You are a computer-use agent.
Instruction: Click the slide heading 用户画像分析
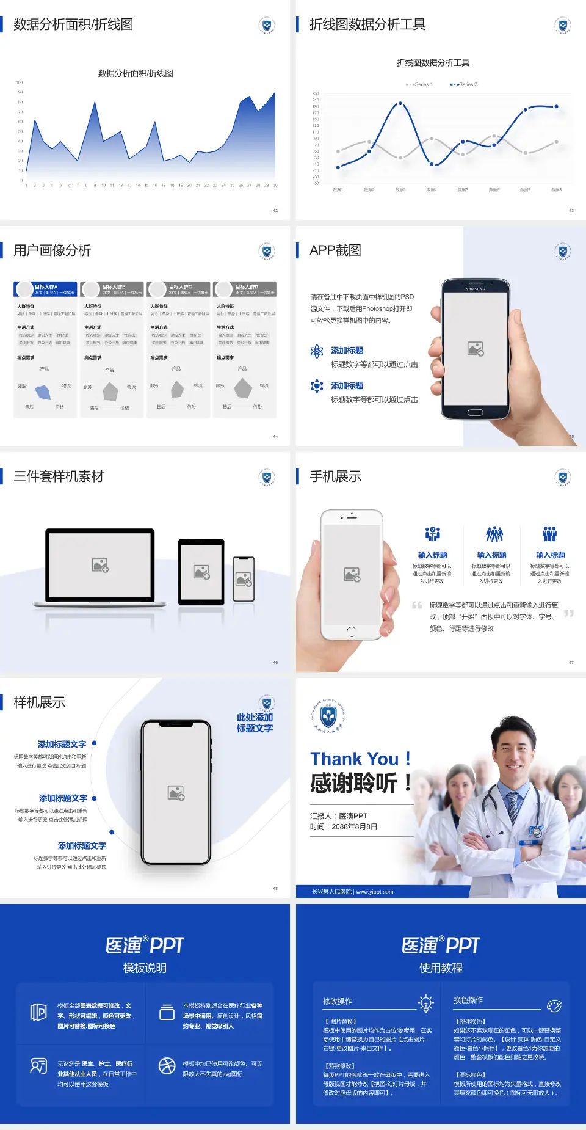tap(52, 250)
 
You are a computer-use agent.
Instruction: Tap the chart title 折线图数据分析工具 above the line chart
tap(433, 63)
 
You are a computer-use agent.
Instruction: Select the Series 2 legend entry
tap(465, 84)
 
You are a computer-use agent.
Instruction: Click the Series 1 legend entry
tap(419, 84)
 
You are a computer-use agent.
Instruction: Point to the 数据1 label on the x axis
tap(338, 190)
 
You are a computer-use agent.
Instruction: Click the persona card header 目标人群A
tap(46, 287)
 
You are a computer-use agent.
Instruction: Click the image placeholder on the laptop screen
tap(100, 565)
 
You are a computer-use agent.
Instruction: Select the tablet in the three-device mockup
tap(201, 572)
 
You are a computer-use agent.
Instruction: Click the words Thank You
tap(354, 759)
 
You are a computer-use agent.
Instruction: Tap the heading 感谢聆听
tap(353, 783)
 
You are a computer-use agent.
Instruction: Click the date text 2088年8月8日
tap(355, 827)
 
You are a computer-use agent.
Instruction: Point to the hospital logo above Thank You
tap(328, 715)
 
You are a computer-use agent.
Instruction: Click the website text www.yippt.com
tap(374, 892)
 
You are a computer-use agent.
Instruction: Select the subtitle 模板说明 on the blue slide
tap(145, 968)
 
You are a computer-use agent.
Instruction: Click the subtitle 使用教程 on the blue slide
tap(441, 968)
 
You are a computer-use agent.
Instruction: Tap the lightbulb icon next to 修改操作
tap(425, 1003)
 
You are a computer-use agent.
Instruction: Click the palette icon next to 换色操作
tap(554, 1005)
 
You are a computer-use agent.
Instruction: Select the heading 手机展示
tap(335, 476)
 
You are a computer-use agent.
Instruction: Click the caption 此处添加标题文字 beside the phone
tap(255, 723)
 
